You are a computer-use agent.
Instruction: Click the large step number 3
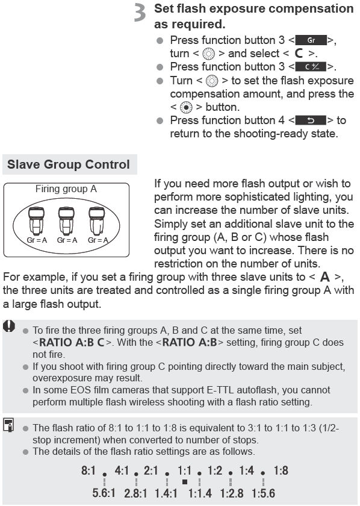click(140, 14)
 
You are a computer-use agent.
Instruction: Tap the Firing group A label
click(66, 189)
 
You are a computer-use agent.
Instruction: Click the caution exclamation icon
click(9, 326)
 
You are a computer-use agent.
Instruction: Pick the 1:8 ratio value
click(281, 470)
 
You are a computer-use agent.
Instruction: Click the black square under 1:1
click(185, 483)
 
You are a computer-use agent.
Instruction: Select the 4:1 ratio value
click(122, 470)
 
